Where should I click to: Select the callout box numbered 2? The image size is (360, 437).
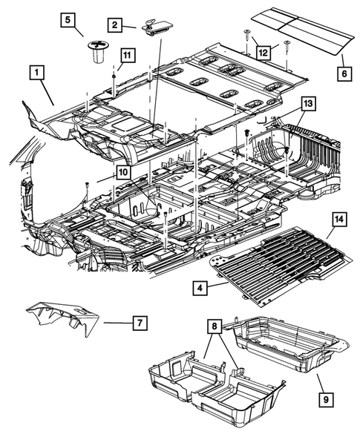(115, 25)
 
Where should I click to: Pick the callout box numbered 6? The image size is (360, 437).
(343, 73)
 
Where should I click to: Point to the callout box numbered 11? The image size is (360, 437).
(127, 55)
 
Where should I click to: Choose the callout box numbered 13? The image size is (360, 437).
(309, 103)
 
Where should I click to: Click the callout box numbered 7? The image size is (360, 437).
(139, 323)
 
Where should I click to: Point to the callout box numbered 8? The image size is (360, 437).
(214, 324)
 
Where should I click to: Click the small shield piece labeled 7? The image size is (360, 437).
(63, 320)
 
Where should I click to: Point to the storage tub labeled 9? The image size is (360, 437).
(286, 349)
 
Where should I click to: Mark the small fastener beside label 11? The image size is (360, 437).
(114, 75)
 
